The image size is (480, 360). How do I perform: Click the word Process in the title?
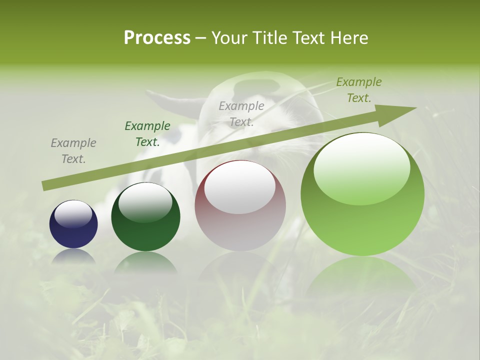(x=157, y=38)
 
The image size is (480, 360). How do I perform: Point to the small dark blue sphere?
(x=73, y=224)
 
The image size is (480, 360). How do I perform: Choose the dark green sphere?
(x=145, y=217)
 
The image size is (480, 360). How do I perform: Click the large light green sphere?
(x=362, y=195)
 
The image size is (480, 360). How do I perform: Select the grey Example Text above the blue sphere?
(x=73, y=151)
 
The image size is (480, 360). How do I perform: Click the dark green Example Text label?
(x=147, y=134)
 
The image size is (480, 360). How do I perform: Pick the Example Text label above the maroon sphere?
(x=241, y=113)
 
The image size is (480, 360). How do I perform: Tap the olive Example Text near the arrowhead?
(x=358, y=89)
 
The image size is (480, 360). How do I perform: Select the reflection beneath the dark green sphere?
(x=145, y=263)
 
